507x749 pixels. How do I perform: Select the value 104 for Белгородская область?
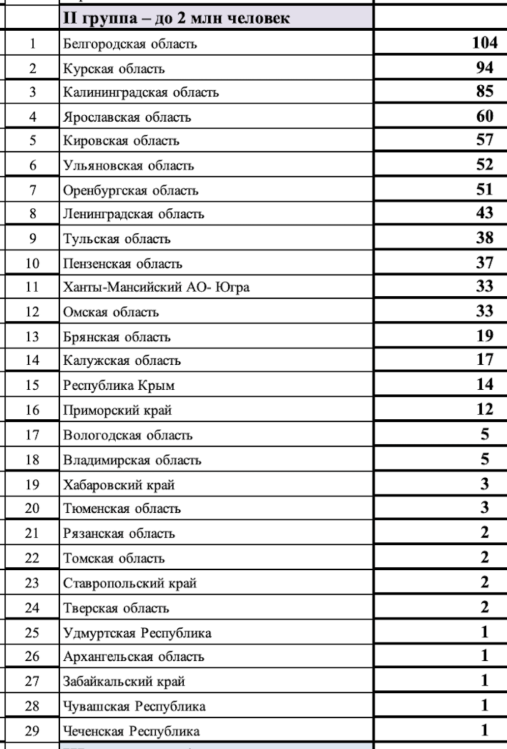coord(484,44)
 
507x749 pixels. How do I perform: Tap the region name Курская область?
coord(114,69)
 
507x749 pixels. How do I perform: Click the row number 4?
coord(33,117)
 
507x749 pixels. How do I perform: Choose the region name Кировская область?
coord(121,141)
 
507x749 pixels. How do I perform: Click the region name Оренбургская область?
coord(130,190)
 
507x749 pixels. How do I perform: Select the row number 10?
coord(33,263)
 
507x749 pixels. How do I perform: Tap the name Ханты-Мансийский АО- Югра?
coord(156,288)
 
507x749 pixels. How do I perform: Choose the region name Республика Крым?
coord(119,386)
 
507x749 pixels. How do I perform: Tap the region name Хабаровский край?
coord(119,484)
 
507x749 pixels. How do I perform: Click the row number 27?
coord(33,682)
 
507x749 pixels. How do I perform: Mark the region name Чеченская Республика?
coord(132,731)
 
